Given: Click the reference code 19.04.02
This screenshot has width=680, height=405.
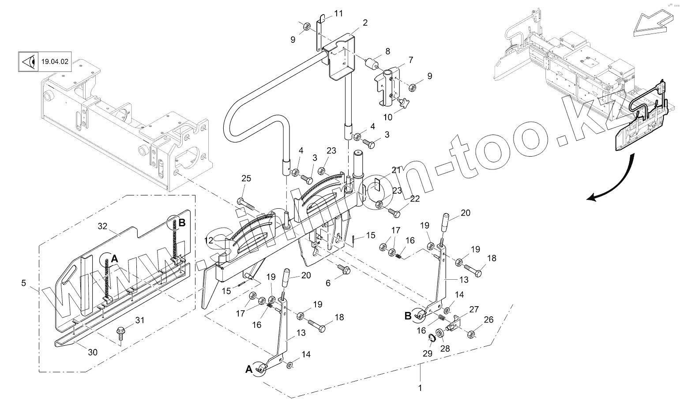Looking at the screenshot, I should pos(55,62).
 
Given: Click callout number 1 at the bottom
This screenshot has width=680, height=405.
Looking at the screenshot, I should pos(420,388).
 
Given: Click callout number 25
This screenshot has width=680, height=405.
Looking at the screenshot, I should pos(246,179).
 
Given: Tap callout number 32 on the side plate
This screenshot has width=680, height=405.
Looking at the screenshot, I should pos(102,226).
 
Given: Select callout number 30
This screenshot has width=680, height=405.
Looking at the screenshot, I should pos(93,352).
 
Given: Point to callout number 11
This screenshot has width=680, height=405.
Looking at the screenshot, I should pos(338,13).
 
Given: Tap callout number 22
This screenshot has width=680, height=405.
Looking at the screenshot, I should pos(415,199).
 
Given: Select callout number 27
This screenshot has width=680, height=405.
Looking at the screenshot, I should pos(473,310).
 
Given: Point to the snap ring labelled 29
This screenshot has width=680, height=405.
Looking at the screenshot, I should pos(433,339).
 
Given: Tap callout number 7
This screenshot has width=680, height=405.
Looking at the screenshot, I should pos(410,60).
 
